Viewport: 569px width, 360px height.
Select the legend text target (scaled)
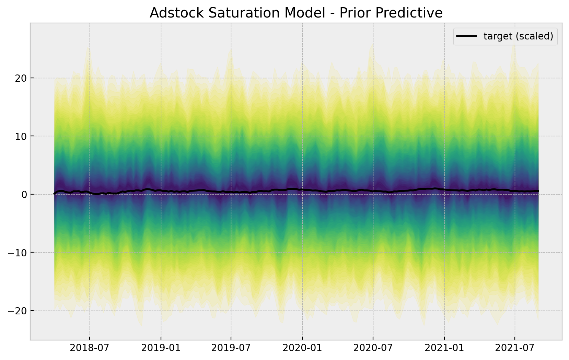[x=518, y=36]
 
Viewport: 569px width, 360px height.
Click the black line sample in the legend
[x=466, y=36]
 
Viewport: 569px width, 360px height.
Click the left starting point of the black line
[x=55, y=194]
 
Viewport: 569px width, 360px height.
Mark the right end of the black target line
[x=538, y=191]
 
